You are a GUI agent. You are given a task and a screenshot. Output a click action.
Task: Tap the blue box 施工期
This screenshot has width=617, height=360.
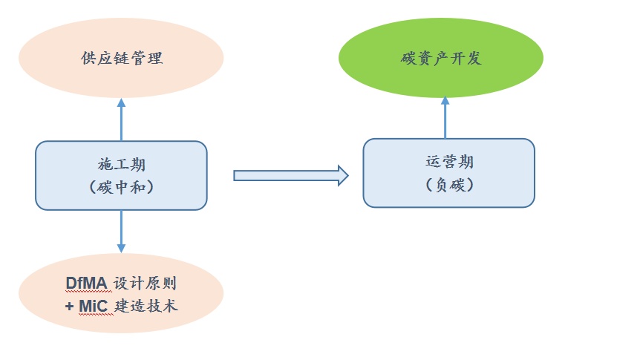pyautogui.click(x=121, y=175)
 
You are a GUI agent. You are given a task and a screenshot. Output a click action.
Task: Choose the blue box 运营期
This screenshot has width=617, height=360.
pyautogui.click(x=448, y=172)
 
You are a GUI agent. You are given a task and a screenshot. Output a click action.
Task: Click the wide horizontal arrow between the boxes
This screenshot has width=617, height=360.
pyautogui.click(x=290, y=175)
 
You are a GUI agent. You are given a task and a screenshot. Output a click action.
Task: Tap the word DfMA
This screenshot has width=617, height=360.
pyautogui.click(x=86, y=284)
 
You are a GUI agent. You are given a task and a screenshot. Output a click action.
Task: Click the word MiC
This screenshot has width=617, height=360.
pyautogui.click(x=94, y=305)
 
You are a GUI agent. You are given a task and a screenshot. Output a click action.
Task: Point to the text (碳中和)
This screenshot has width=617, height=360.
pyautogui.click(x=121, y=187)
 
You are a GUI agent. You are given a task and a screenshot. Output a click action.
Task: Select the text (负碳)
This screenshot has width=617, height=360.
pyautogui.click(x=449, y=185)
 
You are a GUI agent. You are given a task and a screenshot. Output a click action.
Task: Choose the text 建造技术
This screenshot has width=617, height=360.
pyautogui.click(x=147, y=305)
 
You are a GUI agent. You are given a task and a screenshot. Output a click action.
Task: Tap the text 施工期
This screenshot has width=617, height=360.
pyautogui.click(x=121, y=164)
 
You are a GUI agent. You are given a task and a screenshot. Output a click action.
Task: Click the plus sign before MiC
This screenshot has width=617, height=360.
pyautogui.click(x=69, y=305)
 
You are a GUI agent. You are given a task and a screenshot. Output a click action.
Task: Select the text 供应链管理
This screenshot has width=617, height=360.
pyautogui.click(x=121, y=59)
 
